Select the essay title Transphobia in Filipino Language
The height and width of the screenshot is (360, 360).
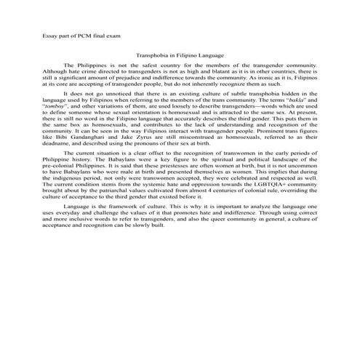pyautogui.click(x=180, y=55)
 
